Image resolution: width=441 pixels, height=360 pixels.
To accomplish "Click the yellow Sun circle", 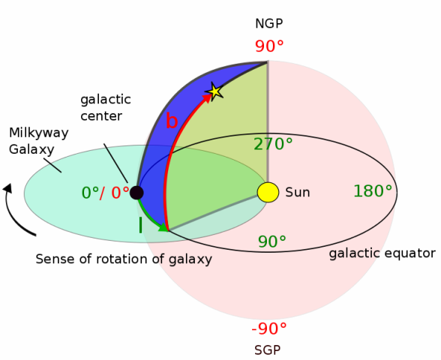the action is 268,192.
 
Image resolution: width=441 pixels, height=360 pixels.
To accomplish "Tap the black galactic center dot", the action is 136,193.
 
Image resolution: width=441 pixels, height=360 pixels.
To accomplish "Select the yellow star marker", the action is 214,91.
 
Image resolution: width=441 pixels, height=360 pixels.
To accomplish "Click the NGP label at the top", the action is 268,24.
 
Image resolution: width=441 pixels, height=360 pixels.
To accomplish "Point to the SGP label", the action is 268,350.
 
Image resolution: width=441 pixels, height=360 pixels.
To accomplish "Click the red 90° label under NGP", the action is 269,46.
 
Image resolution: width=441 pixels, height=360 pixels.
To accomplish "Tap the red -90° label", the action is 269,328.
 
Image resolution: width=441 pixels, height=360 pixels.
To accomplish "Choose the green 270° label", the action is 273,144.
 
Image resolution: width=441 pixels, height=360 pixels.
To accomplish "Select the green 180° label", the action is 373,191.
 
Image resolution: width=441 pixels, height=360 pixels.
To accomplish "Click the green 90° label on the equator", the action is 272,241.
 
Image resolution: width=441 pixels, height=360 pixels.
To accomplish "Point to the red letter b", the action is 172,121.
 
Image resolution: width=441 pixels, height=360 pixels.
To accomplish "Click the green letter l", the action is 140,225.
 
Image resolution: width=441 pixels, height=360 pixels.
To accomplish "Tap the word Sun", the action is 298,192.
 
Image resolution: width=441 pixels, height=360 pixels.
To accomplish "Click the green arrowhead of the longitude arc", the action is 163,227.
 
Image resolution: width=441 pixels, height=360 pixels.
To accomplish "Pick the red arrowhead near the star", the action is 207,98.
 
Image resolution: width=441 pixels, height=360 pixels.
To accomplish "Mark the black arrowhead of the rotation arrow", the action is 7,187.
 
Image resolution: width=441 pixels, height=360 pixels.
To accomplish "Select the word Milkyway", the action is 39,133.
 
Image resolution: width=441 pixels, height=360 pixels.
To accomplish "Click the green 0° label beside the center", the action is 90,193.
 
